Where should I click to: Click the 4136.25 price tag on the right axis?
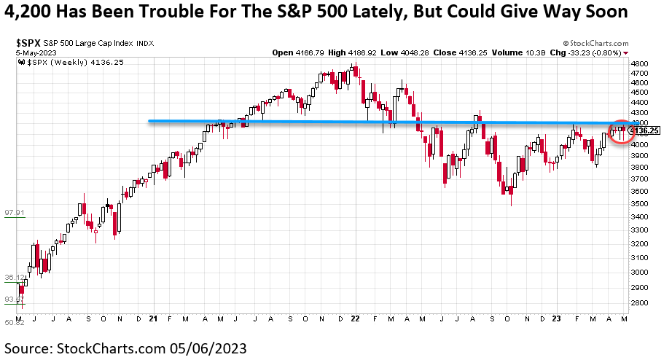[646, 130]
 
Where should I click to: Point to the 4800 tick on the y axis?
[640, 64]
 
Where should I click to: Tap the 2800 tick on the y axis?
[640, 302]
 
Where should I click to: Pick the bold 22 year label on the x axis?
[354, 319]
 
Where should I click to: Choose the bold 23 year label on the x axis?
[555, 319]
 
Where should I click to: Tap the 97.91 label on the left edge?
[15, 213]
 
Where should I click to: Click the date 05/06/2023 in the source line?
[213, 348]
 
